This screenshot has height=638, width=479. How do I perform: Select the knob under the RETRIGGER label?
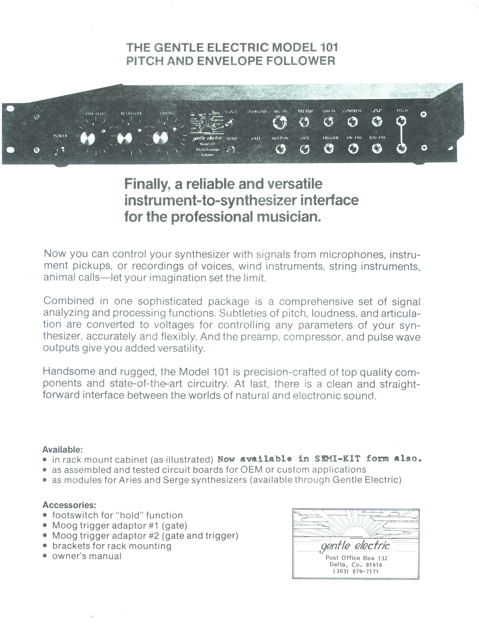point(125,138)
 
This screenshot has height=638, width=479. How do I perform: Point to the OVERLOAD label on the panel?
point(257,111)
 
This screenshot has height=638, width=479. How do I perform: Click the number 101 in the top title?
point(329,48)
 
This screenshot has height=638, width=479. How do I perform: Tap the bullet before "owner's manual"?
point(45,556)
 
